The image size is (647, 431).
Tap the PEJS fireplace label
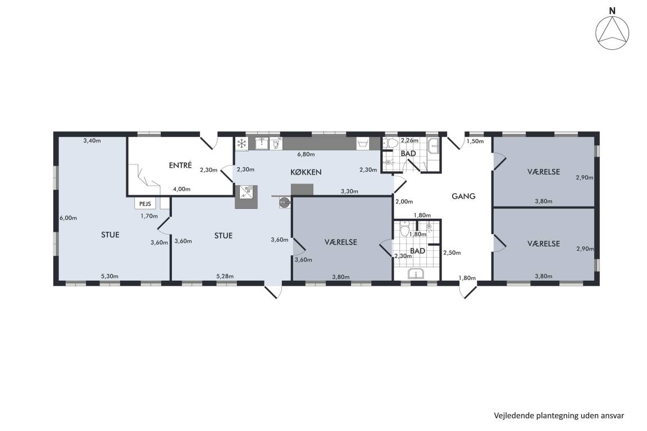(145, 204)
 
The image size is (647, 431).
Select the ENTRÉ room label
(180, 166)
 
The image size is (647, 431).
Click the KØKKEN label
(306, 172)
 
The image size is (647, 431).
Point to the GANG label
(463, 196)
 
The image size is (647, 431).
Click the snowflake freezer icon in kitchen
(242, 144)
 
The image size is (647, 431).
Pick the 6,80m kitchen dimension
(306, 154)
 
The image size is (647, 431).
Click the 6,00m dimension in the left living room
(68, 218)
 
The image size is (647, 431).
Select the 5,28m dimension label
(225, 276)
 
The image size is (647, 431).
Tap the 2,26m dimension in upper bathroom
(409, 140)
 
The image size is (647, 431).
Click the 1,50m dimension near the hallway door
(475, 141)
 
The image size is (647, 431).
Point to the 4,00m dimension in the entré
(181, 189)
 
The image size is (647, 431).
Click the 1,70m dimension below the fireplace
(149, 215)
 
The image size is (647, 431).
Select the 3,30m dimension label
(349, 191)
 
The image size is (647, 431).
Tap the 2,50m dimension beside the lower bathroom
(452, 253)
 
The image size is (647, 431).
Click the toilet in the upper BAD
(390, 144)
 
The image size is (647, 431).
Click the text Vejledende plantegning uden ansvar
(559, 415)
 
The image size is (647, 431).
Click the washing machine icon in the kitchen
(363, 144)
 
